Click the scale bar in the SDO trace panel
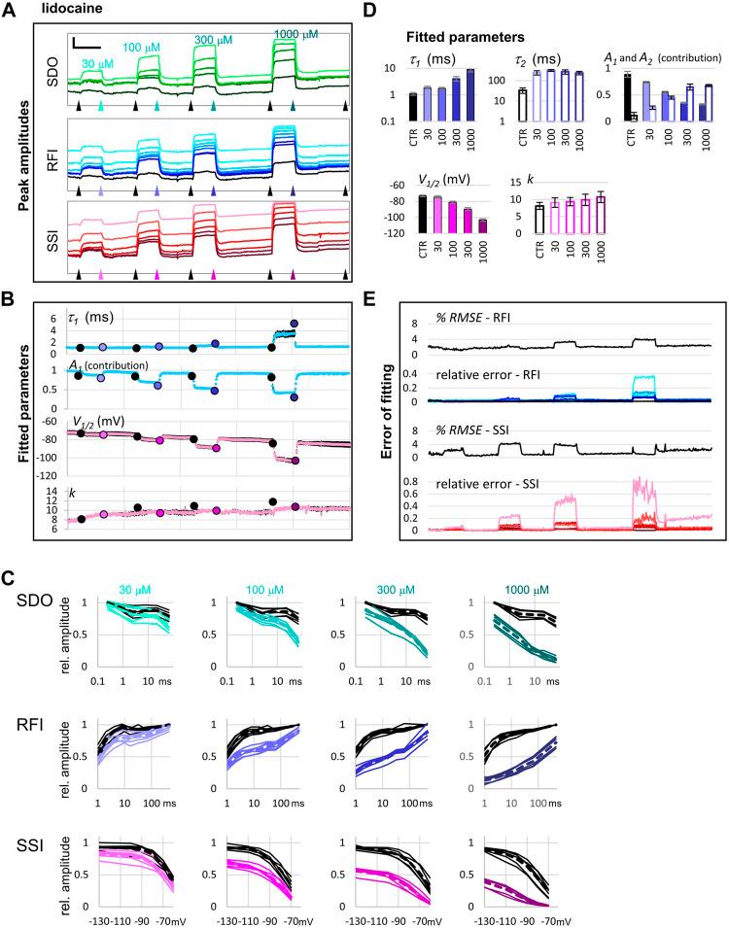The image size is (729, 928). click(86, 46)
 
